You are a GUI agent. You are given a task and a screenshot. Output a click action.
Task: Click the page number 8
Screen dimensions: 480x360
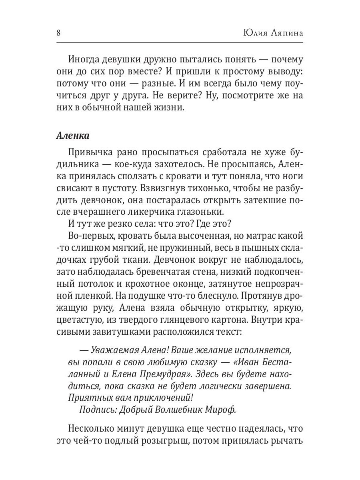click(x=58, y=33)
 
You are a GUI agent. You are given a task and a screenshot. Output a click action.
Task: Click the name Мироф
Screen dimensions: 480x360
click(x=222, y=410)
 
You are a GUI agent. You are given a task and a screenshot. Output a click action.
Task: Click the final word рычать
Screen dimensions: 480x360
click(x=287, y=441)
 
